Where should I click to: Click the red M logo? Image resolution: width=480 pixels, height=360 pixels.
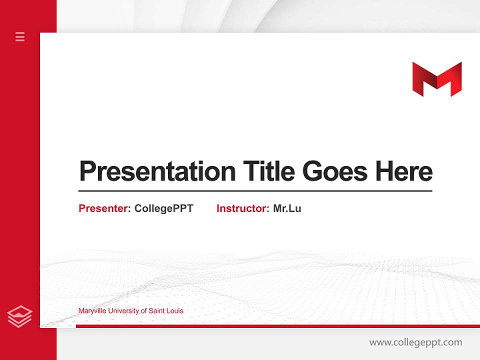(436, 79)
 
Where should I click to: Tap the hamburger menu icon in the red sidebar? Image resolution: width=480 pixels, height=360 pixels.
(20, 36)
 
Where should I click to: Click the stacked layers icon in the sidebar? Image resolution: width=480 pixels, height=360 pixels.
(20, 316)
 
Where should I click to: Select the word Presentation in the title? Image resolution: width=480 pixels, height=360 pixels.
(157, 171)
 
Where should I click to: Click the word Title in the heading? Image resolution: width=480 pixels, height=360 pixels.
(269, 171)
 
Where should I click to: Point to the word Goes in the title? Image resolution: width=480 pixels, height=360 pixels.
(335, 171)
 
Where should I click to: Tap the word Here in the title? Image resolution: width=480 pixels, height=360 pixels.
(404, 171)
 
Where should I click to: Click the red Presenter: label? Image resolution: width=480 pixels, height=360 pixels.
(104, 208)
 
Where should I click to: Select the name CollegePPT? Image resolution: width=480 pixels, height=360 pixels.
(163, 208)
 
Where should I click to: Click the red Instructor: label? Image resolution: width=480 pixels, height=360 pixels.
(242, 208)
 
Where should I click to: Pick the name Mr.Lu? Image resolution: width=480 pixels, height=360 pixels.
(287, 208)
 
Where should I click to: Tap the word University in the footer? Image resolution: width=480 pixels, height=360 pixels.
(123, 311)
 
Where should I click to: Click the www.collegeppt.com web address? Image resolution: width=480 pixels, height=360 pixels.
(415, 342)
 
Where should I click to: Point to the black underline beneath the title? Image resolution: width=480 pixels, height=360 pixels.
(255, 191)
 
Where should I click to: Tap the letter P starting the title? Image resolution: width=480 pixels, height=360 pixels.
(87, 171)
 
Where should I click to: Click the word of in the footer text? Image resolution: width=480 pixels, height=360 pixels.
(144, 311)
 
